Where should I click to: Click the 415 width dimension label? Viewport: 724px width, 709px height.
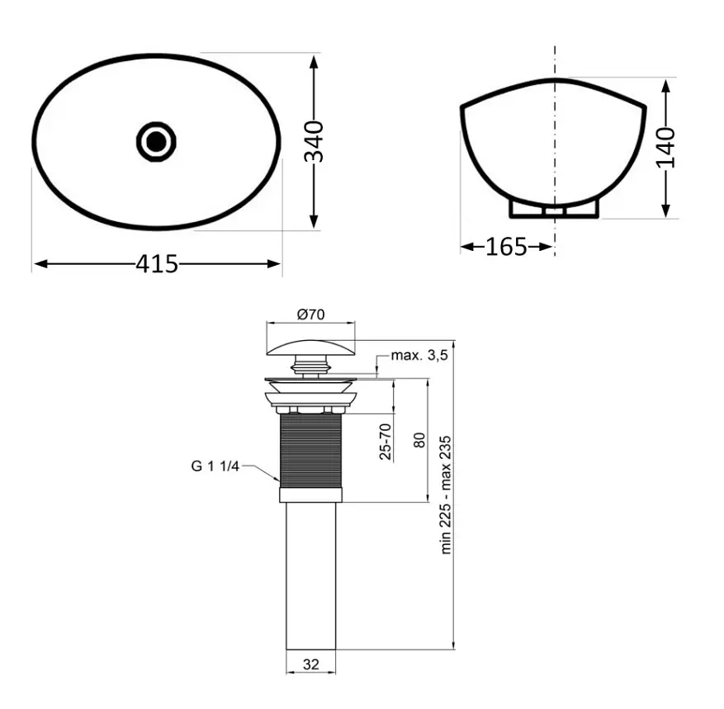click(157, 264)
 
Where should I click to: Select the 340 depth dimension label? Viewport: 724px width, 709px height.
click(314, 142)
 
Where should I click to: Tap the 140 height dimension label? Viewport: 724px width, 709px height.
click(665, 148)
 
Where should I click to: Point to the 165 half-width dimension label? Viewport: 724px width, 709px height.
click(506, 247)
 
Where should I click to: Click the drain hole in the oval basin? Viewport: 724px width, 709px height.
click(157, 141)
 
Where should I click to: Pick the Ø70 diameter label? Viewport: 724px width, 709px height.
click(310, 314)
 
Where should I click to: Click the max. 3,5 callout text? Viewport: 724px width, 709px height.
click(419, 356)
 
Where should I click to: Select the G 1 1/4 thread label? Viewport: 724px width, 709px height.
click(215, 466)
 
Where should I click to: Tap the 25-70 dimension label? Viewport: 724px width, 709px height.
click(386, 442)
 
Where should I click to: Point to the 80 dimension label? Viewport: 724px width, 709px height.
click(419, 440)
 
